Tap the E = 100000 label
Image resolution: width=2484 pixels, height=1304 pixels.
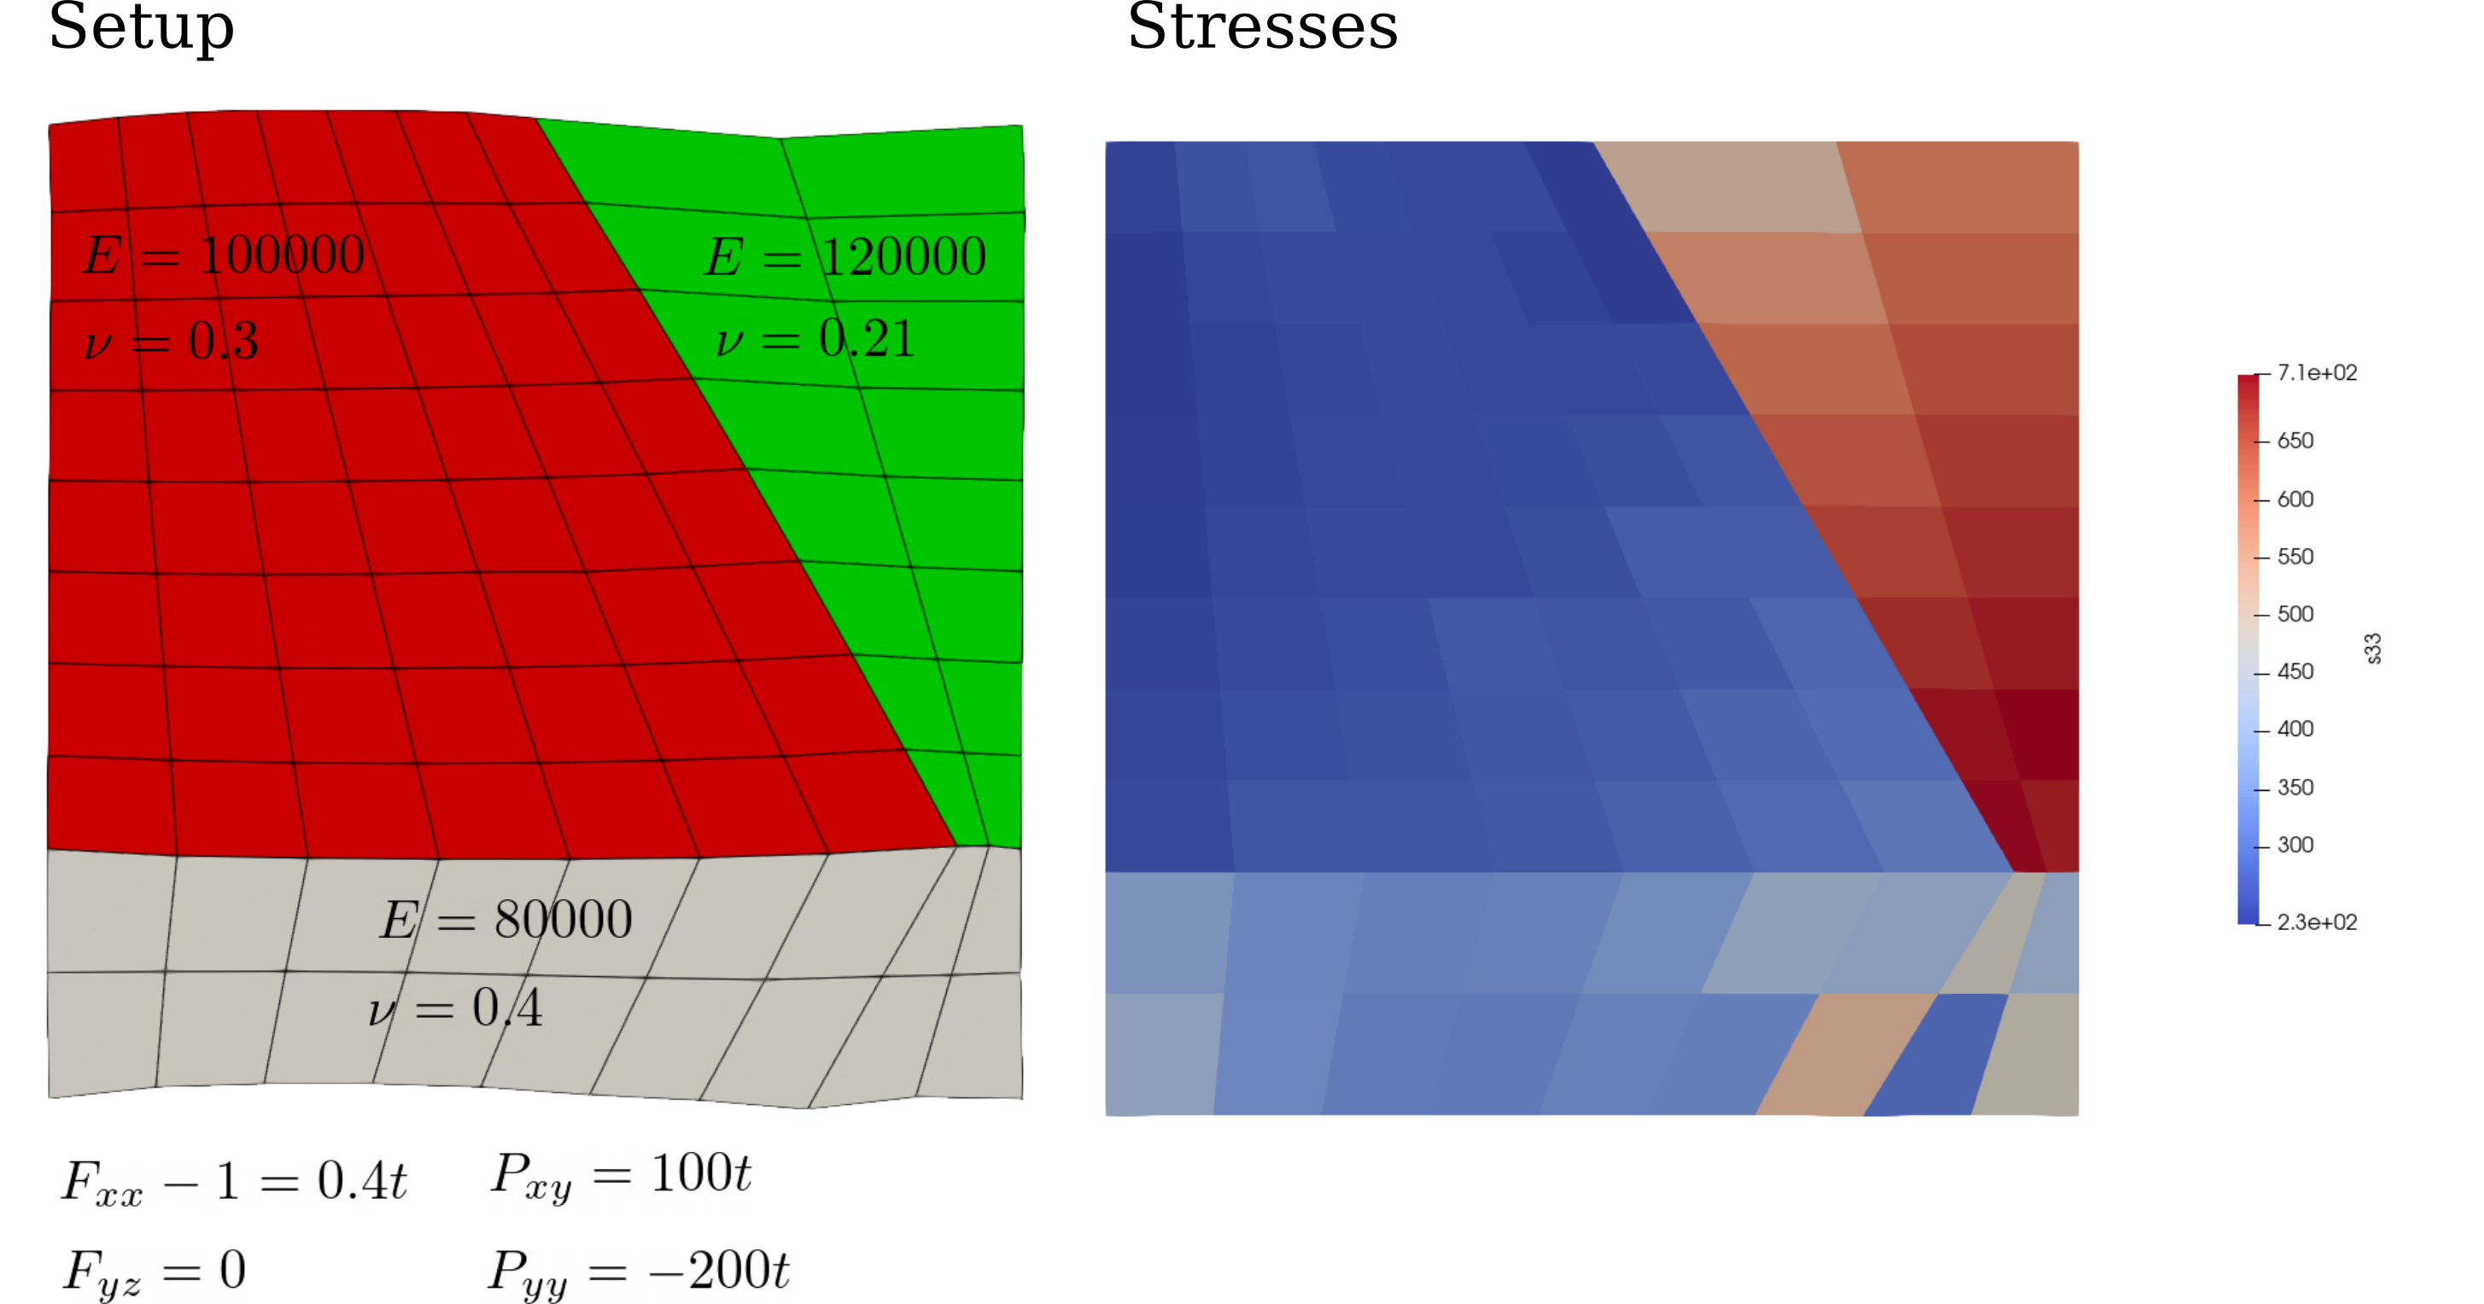[224, 255]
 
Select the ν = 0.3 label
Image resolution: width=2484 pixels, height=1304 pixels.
[172, 341]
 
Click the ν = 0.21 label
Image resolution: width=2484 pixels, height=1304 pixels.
[815, 338]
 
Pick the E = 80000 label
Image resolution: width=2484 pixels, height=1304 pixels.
[506, 919]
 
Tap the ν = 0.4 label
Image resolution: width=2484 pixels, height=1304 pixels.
[455, 1009]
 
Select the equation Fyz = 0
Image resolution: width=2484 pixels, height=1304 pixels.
[155, 1272]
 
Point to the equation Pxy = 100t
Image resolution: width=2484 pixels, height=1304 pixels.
[621, 1175]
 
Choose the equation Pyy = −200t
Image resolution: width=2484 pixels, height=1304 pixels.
[639, 1272]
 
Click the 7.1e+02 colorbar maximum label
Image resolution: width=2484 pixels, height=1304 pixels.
[2317, 373]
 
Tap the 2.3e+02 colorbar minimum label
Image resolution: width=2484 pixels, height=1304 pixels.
[2317, 922]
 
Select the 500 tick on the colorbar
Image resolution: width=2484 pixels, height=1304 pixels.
[2295, 614]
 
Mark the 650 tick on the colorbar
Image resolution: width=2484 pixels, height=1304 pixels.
[2295, 441]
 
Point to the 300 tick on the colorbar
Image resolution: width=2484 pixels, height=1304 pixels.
[2295, 845]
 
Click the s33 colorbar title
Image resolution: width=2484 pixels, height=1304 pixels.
[2373, 648]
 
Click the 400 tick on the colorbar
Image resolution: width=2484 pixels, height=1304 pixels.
[2295, 729]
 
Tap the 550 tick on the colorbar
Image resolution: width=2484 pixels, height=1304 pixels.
[2295, 557]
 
